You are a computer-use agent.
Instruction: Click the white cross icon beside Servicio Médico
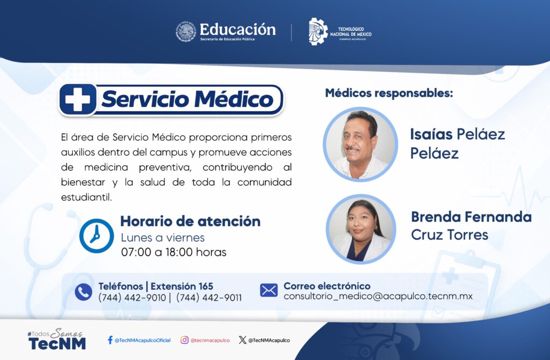77,99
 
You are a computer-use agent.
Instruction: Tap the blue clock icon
97,236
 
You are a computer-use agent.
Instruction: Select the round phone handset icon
83,292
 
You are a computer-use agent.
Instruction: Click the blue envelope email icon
269,291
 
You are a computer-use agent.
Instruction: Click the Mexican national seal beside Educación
185,32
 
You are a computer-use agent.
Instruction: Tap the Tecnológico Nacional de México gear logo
318,32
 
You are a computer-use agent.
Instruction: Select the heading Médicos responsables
389,93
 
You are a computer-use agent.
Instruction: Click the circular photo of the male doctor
360,144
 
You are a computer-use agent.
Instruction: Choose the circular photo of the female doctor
361,229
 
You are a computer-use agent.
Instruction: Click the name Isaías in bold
431,134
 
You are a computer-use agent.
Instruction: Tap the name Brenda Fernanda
471,217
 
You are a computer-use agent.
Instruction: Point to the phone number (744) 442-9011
209,298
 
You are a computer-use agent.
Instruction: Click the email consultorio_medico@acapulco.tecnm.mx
378,296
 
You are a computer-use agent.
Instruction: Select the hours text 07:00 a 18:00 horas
173,252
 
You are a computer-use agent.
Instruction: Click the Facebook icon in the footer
110,340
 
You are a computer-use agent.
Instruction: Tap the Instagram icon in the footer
185,340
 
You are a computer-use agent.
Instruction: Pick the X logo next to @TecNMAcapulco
242,340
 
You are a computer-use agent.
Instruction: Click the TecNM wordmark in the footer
57,343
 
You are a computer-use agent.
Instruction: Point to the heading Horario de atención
191,221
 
